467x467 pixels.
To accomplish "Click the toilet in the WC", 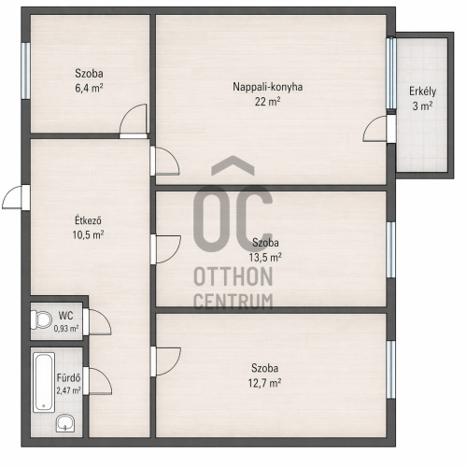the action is click(41, 319).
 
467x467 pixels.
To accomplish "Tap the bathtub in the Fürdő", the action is click(44, 382).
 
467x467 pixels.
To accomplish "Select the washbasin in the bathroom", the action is click(65, 423).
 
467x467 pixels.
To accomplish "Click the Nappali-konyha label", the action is click(267, 87).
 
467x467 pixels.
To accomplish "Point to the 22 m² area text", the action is click(267, 102).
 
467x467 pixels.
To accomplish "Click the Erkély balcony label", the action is click(422, 92).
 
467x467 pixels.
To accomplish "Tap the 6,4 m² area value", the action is click(89, 88).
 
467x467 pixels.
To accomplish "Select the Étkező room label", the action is click(88, 220).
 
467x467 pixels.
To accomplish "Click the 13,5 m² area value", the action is click(265, 258).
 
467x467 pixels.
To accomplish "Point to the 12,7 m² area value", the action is click(264, 383).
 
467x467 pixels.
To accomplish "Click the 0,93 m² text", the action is click(66, 329).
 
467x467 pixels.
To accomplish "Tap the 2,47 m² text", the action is click(68, 390).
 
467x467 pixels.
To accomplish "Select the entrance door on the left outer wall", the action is click(16, 197).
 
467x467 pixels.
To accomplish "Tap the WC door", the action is click(97, 322).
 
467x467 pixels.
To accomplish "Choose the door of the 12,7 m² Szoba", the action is click(165, 361).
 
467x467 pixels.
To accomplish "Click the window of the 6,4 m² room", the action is click(26, 71).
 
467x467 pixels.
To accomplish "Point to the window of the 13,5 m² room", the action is click(391, 249).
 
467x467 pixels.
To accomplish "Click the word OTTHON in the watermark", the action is click(233, 276).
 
